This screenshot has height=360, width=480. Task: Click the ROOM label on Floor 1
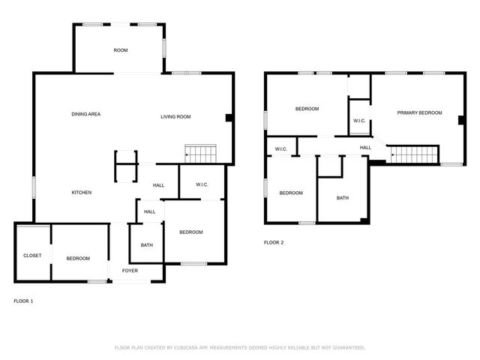[x=121, y=50]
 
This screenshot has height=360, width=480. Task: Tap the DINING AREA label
[x=86, y=114]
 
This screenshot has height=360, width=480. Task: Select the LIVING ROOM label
[x=176, y=116]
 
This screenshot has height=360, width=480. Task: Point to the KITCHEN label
[x=82, y=193]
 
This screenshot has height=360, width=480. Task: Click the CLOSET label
[x=32, y=256]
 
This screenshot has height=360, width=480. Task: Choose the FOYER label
[x=130, y=270]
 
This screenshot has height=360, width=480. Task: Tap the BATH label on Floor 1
[x=147, y=245]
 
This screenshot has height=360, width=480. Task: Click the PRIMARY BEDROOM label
[x=419, y=112]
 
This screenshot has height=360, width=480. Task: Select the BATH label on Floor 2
[x=343, y=198]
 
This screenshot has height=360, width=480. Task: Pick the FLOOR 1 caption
[x=24, y=301]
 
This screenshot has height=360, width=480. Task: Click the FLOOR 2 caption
[x=274, y=242]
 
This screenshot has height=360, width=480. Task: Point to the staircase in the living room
[x=201, y=154]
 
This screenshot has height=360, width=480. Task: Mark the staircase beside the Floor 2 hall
[x=415, y=154]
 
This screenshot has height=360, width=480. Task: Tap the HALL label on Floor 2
[x=365, y=148]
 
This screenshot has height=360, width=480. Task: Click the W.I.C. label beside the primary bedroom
[x=359, y=121]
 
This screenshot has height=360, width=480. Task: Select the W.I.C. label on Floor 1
[x=202, y=184]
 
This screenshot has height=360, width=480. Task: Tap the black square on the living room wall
[x=229, y=117]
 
